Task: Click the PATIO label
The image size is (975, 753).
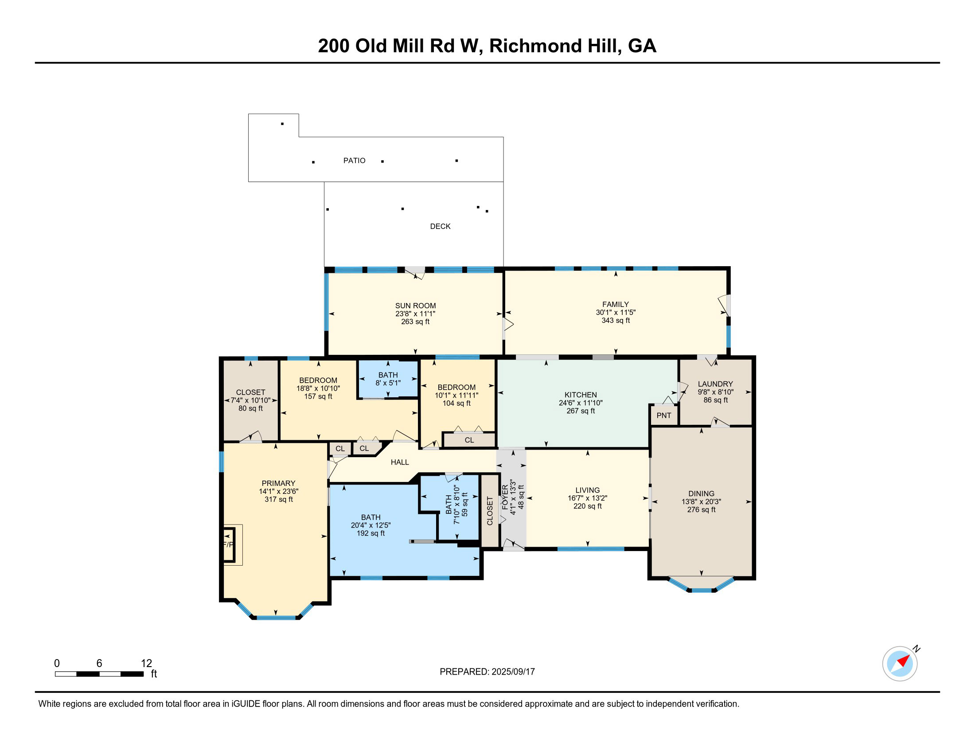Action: [x=354, y=161]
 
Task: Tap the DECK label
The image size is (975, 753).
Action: [x=440, y=227]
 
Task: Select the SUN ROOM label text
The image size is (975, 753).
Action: [x=415, y=306]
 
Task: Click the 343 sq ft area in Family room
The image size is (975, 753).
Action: [x=616, y=320]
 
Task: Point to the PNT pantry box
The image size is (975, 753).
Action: [x=664, y=415]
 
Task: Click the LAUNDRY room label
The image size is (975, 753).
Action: [x=715, y=384]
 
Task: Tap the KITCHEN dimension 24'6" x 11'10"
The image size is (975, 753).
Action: [x=581, y=403]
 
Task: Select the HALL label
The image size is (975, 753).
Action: [x=400, y=462]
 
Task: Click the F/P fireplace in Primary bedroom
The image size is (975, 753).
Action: [x=229, y=545]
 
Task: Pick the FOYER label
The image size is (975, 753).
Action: [x=505, y=497]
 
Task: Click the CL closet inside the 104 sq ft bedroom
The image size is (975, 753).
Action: [x=469, y=440]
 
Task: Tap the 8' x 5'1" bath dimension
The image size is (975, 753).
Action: [x=388, y=383]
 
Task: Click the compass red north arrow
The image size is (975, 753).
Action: [x=904, y=661]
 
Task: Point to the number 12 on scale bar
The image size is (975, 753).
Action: [x=146, y=664]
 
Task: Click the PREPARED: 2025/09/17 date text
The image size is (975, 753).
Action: [x=487, y=672]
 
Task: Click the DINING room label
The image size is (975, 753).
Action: [x=701, y=493]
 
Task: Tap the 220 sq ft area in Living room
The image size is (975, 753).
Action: [x=588, y=506]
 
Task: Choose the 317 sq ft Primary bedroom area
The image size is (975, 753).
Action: [x=279, y=499]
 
